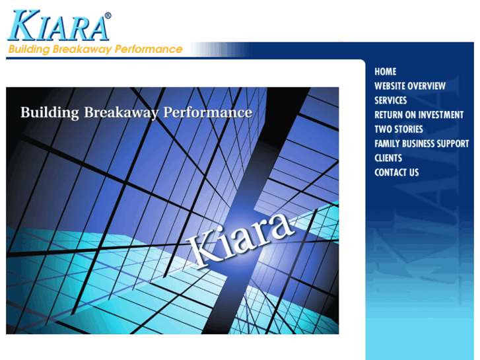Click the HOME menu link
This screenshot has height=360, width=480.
[x=385, y=71]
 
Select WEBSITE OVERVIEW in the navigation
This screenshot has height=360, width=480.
[x=409, y=86]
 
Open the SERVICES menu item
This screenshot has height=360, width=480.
[x=390, y=100]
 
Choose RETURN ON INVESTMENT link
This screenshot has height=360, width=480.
[x=419, y=115]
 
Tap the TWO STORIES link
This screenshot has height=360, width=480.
[x=398, y=129]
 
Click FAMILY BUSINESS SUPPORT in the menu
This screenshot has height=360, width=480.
[x=421, y=143]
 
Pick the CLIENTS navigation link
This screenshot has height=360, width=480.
[x=388, y=158]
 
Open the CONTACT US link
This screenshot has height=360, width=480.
[x=396, y=172]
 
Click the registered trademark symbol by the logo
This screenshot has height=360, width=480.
[x=108, y=16]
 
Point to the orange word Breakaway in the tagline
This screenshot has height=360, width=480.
[x=85, y=50]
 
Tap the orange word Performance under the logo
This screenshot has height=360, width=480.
[x=149, y=50]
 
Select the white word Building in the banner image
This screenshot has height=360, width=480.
[x=50, y=113]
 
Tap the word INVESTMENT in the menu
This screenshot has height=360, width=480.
[x=440, y=115]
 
